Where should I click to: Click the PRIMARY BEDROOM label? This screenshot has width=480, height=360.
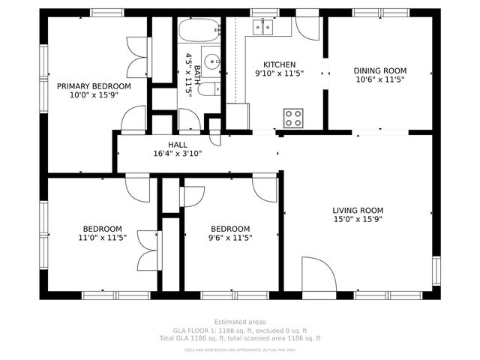pos(94,86)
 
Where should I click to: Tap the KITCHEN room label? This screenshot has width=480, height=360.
pos(279,64)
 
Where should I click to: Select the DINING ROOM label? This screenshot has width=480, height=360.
pos(379,70)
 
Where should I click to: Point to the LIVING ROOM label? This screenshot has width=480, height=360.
pos(358,211)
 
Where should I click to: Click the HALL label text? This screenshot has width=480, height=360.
pos(178,145)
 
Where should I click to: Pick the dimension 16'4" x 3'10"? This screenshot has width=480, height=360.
pos(178,154)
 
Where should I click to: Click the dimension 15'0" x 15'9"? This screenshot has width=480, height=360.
pos(358,220)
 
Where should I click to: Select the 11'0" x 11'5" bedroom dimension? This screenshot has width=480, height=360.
pos(103,238)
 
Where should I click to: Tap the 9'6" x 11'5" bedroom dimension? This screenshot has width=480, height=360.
pos(230,238)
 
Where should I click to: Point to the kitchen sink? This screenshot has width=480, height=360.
pos(263,28)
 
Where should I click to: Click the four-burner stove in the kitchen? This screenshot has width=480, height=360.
pos(293,118)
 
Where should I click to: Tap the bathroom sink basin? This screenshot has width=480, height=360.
pos(212,62)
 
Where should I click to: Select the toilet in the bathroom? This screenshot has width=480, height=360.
pos(211,88)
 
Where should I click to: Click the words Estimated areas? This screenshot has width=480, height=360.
pos(239,322)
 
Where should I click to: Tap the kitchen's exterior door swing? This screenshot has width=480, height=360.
pos(308,28)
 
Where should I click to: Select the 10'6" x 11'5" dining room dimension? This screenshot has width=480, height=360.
pos(379,79)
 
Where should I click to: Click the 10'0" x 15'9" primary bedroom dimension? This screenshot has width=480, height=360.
pos(94,95)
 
